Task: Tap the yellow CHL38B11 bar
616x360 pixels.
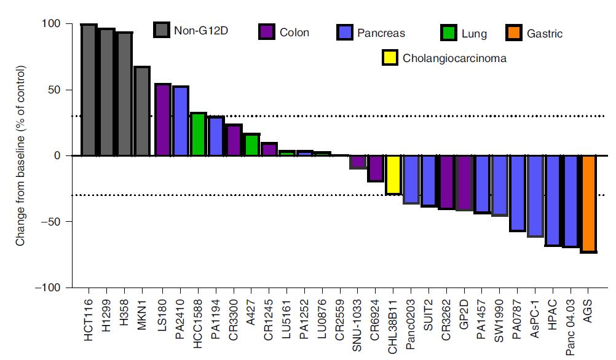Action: tap(393, 175)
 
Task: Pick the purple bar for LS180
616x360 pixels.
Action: tap(162, 120)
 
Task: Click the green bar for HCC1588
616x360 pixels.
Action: tap(199, 134)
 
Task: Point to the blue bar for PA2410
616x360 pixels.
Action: tap(181, 121)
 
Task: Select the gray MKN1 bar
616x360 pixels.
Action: tap(142, 111)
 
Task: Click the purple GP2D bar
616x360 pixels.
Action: tap(465, 183)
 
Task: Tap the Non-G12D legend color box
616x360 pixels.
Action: tap(162, 29)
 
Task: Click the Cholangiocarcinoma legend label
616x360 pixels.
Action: tap(454, 59)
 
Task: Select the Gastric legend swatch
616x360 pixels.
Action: tap(514, 33)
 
